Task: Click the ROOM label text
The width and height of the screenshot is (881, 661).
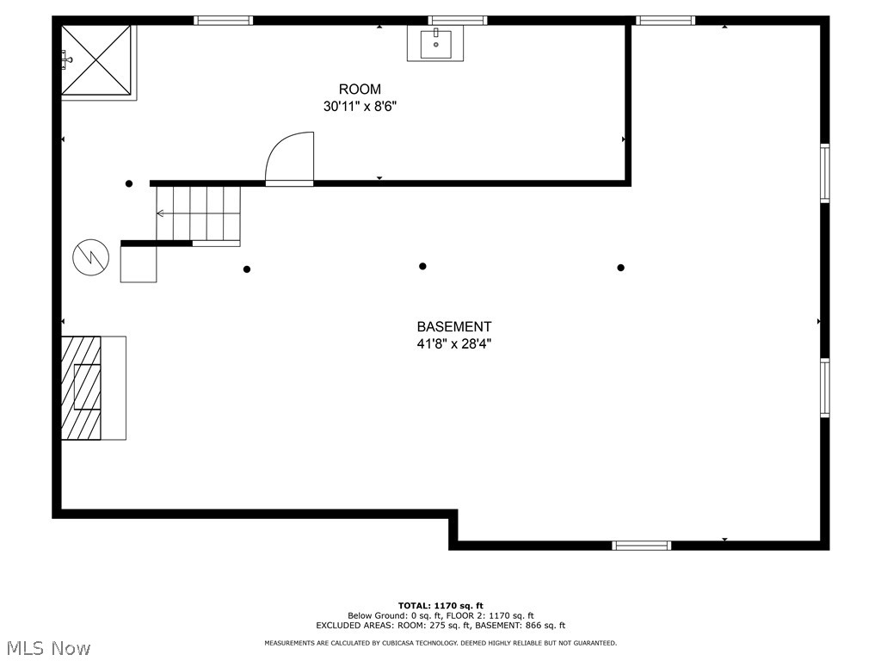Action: (360, 90)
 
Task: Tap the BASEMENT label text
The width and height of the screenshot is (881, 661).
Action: (454, 327)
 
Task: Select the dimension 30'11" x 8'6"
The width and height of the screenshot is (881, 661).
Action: (360, 107)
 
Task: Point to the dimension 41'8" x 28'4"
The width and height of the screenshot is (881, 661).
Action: (454, 343)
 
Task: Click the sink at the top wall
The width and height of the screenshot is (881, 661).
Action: (435, 43)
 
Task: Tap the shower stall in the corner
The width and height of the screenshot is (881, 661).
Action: (97, 61)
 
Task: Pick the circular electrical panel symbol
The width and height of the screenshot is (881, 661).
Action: (91, 256)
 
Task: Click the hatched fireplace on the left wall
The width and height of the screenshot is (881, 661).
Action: (81, 387)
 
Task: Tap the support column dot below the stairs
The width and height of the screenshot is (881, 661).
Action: (247, 269)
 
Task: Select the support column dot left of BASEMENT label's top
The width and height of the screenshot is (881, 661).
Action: (422, 267)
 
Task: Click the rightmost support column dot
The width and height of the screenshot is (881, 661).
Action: (621, 268)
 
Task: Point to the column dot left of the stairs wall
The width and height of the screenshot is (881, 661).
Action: (129, 183)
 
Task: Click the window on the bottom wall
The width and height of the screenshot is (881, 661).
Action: (641, 545)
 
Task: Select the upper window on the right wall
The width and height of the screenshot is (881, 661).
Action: (824, 173)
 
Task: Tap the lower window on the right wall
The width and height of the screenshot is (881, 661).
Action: (824, 388)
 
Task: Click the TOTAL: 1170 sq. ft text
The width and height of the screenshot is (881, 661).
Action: (440, 605)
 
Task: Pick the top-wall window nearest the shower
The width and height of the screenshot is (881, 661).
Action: (223, 20)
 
